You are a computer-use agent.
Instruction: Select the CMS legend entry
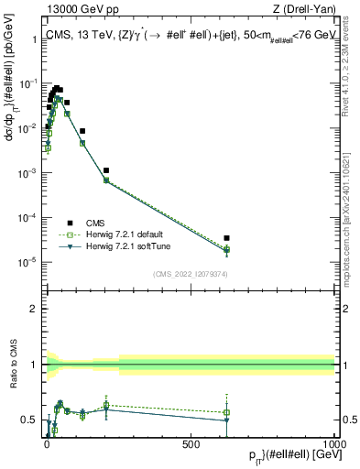click(x=96, y=222)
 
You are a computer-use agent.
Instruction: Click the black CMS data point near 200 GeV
click(x=106, y=170)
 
